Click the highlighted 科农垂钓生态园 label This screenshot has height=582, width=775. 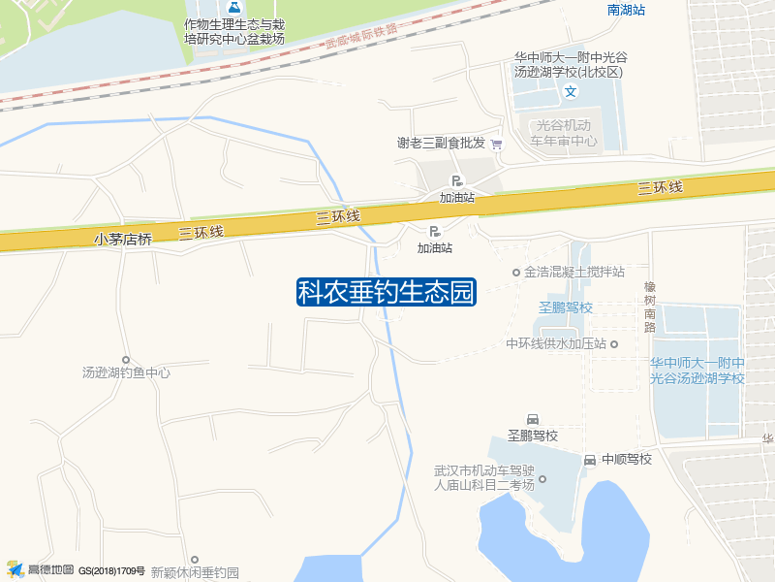[x=386, y=292]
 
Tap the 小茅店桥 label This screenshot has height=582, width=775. [x=123, y=239]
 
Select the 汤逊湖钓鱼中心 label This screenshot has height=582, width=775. [x=126, y=372]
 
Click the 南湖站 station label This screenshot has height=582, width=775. [x=626, y=10]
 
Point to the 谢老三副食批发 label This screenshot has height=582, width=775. [x=441, y=143]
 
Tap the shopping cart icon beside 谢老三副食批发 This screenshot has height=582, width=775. [x=497, y=144]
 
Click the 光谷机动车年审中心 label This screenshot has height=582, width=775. [x=563, y=133]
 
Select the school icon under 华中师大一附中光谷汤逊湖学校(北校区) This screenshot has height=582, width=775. [x=571, y=92]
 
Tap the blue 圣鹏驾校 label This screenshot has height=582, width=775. [x=565, y=307]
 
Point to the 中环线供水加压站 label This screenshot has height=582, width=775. [x=556, y=343]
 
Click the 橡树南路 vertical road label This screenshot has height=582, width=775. [x=649, y=307]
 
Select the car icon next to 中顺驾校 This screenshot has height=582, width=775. [x=590, y=459]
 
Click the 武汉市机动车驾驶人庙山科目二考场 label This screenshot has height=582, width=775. [x=484, y=478]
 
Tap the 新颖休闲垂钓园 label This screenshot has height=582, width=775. [x=194, y=572]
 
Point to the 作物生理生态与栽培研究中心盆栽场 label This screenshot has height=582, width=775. [x=234, y=31]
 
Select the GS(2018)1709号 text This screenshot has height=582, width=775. [x=111, y=570]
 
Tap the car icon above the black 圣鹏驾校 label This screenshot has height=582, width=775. [x=532, y=418]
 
